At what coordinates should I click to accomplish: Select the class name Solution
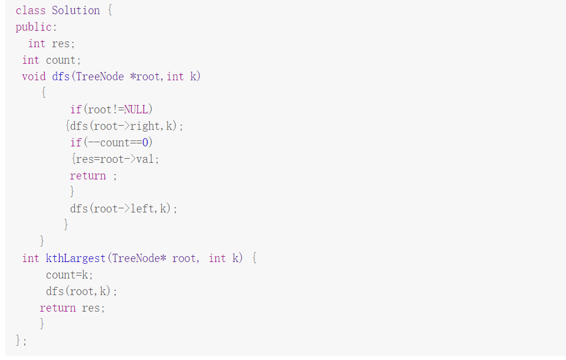coord(76,11)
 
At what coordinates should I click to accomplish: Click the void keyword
coord(34,77)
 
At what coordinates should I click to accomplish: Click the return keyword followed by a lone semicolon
coord(88,176)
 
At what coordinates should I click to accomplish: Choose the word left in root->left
coord(142,209)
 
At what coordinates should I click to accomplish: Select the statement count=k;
coord(70,275)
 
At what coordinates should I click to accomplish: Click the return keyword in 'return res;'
coord(58,308)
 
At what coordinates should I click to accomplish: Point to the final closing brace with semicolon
coord(21,341)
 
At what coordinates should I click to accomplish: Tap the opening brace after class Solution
coord(109,11)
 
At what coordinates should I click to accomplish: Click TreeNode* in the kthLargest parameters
coord(139,258)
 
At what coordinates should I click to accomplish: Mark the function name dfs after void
coord(61,77)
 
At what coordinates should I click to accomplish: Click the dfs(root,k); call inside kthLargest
coord(81,292)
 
